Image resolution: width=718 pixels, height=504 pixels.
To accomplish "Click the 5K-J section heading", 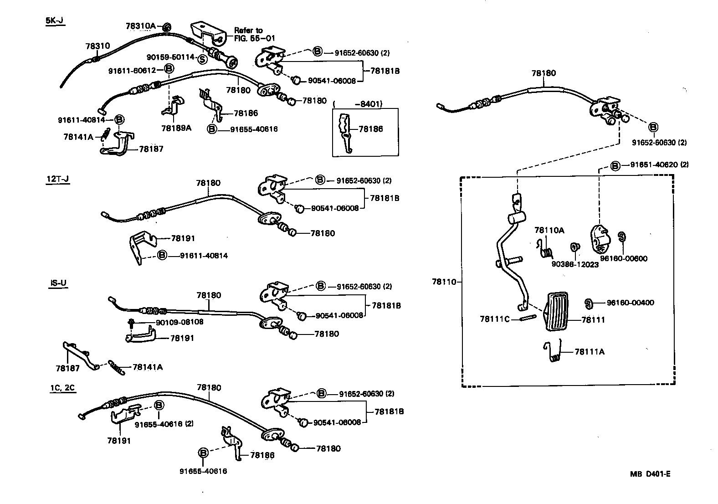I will click(x=55, y=21).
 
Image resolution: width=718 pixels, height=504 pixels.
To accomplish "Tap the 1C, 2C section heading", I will click(x=62, y=388).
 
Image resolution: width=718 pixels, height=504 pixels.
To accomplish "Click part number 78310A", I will click(x=141, y=26).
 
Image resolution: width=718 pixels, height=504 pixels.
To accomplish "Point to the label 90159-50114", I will click(x=170, y=57).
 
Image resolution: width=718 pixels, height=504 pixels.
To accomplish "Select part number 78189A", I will click(x=176, y=128).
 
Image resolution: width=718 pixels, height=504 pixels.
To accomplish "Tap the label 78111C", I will click(x=494, y=319).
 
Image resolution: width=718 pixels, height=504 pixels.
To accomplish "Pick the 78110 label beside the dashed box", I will click(x=444, y=282).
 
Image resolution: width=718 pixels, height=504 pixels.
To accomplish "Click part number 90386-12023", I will click(x=575, y=264).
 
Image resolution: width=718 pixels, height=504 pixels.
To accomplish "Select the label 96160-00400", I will click(x=630, y=303).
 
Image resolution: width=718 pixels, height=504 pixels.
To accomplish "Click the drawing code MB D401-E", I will click(x=650, y=474).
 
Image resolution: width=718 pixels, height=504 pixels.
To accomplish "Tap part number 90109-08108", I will click(x=179, y=322).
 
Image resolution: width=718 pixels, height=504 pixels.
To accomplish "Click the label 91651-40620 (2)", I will click(x=659, y=165).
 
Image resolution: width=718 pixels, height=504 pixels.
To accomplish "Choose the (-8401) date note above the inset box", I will click(x=358, y=104).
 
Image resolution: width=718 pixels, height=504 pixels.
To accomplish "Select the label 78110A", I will click(x=549, y=230).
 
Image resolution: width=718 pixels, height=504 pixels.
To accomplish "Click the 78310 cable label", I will click(x=97, y=46).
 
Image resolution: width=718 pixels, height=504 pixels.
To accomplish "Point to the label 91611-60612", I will click(x=132, y=70).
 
